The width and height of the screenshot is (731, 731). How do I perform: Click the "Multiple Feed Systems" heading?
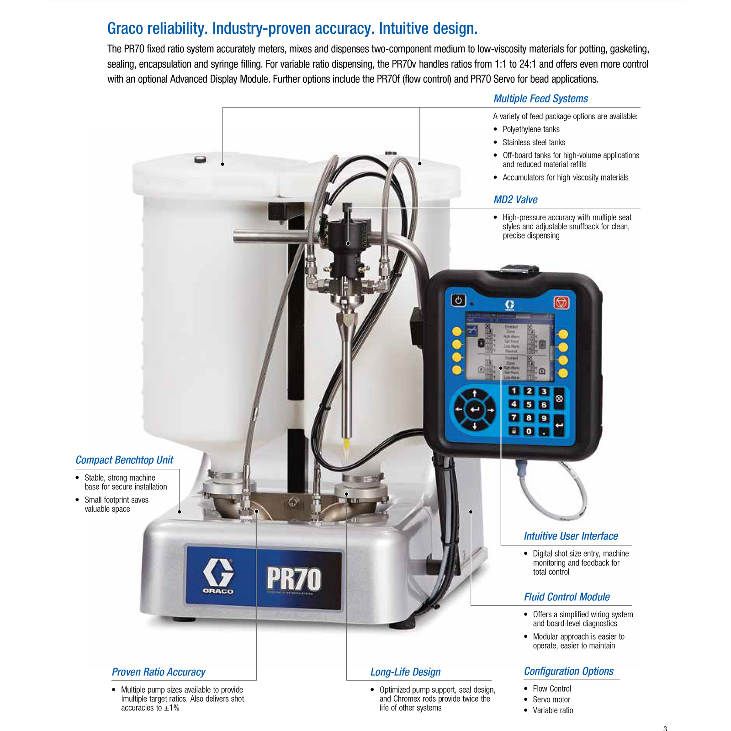pos(540,99)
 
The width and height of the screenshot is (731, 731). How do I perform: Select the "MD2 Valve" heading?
pos(515,200)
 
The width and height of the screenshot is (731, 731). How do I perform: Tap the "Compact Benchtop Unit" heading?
pos(124,460)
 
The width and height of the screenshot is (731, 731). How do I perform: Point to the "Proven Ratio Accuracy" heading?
pos(159,672)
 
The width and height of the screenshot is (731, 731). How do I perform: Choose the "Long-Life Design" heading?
pos(405,672)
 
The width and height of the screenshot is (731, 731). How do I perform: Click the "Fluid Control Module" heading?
pos(567,597)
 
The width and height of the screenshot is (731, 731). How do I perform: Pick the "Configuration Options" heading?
pos(568,671)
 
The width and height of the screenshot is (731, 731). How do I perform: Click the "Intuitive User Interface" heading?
pos(571,536)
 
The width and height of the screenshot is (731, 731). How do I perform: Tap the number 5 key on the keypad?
pos(529,404)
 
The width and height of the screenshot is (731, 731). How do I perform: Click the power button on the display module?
pos(458,300)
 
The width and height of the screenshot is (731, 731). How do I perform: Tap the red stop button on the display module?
pos(561,302)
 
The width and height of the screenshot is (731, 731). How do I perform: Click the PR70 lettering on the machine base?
pos(294,579)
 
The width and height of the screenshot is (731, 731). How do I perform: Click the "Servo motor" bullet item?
pos(551,699)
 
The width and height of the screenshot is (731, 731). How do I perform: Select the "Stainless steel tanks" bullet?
pos(534,143)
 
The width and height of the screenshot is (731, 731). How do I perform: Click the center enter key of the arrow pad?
pos(475,410)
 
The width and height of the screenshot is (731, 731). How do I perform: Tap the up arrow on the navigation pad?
pos(475,393)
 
